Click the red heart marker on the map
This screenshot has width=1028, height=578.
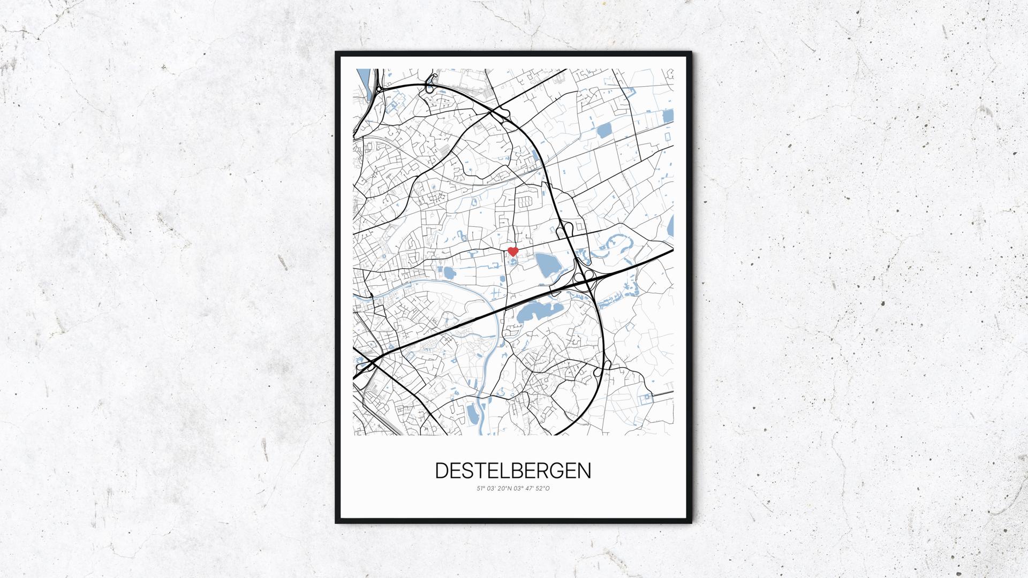pyautogui.click(x=512, y=251)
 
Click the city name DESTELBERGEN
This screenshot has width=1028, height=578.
pyautogui.click(x=513, y=470)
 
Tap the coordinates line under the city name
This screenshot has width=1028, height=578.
pyautogui.click(x=513, y=489)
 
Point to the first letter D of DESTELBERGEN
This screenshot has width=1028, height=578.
pyautogui.click(x=442, y=470)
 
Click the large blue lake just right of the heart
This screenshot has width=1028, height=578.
pyautogui.click(x=546, y=265)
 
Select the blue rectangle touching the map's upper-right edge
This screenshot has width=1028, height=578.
pyautogui.click(x=668, y=116)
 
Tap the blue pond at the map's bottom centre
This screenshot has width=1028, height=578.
pyautogui.click(x=472, y=413)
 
